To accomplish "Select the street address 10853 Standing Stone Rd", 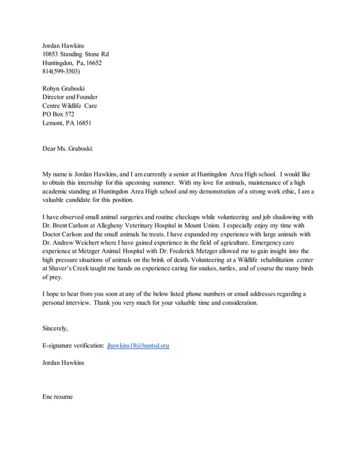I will (76, 54).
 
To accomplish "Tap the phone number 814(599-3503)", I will (61, 72).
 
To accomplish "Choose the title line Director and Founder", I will (70, 97).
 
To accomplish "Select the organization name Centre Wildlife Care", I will (69, 105).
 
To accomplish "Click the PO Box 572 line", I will (58, 114).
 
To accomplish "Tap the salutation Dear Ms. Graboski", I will (68, 149).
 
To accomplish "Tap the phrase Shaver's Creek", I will (69, 268).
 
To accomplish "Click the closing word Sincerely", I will (55, 328).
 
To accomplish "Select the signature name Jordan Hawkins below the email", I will (63, 362).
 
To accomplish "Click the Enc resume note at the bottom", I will (58, 397).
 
